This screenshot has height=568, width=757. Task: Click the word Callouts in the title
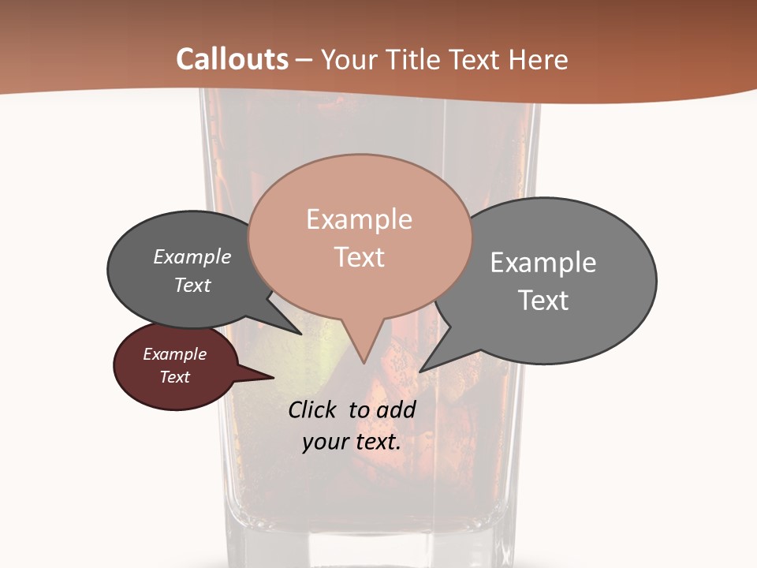(x=232, y=59)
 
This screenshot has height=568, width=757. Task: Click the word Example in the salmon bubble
(x=359, y=219)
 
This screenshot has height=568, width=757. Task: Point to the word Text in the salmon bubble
(x=359, y=257)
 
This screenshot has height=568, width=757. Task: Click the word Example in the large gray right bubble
(x=543, y=262)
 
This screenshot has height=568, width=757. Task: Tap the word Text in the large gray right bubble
(x=543, y=301)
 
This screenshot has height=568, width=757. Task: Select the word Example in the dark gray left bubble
(x=192, y=257)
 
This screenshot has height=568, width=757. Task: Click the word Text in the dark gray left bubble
(x=192, y=286)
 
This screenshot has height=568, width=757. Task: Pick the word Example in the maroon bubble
(x=175, y=354)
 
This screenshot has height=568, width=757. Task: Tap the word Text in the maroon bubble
(x=175, y=377)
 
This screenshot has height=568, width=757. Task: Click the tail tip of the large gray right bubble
(x=421, y=370)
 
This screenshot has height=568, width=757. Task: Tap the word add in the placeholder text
(x=395, y=410)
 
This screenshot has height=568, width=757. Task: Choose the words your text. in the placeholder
(x=352, y=442)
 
